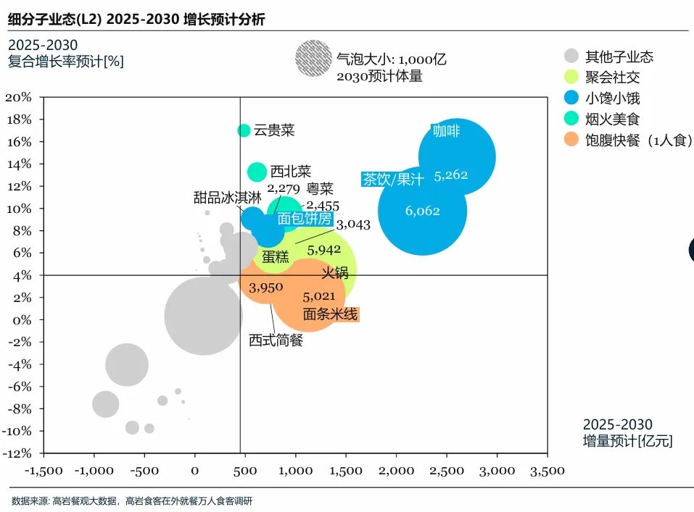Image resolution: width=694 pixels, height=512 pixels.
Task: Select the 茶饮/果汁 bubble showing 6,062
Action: tap(422, 211)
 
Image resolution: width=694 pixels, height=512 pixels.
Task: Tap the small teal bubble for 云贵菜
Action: tap(244, 130)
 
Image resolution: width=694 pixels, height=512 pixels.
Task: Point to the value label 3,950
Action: tap(265, 288)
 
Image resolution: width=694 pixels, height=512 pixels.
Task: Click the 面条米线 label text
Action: tap(330, 314)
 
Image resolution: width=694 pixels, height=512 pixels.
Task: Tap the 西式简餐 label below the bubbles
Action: tap(276, 340)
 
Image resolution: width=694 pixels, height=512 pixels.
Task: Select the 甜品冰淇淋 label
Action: tap(222, 197)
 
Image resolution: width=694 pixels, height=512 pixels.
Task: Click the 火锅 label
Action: tap(335, 272)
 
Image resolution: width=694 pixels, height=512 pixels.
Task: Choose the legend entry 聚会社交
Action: tap(612, 76)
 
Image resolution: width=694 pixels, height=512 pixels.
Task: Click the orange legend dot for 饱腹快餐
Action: tap(572, 140)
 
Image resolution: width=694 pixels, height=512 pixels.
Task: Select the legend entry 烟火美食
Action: tap(612, 118)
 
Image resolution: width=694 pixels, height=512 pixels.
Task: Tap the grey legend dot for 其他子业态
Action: tap(572, 56)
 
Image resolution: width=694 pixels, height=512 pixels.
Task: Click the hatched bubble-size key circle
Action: tap(313, 59)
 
